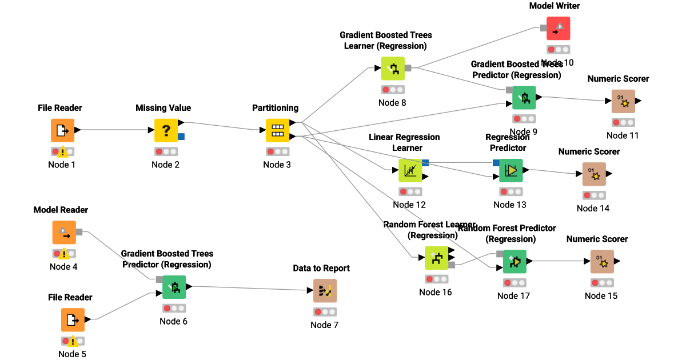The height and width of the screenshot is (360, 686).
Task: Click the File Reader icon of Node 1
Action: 62,130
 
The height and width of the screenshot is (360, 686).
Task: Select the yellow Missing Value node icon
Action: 166,130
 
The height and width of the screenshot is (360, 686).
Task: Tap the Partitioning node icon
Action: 277,130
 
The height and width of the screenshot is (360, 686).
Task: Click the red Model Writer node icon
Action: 558,28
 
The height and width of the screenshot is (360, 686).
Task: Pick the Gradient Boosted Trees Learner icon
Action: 393,69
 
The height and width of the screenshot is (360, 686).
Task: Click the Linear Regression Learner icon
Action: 410,171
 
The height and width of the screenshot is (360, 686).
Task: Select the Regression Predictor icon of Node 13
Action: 510,171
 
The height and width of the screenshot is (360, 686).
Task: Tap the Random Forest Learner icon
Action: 436,258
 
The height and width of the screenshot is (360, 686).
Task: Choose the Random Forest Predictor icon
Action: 514,262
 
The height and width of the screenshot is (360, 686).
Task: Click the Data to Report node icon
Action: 325,291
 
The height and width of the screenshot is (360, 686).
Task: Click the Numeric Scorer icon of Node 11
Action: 623,101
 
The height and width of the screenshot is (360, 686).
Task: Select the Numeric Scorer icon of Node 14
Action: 593,174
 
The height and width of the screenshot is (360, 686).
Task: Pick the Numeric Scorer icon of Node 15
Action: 601,262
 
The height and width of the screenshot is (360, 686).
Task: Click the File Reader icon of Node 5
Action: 73,320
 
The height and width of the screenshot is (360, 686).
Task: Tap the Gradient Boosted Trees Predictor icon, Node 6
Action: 174,287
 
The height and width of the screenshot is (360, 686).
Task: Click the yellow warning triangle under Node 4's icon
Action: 64,254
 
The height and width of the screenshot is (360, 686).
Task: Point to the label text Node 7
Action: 325,325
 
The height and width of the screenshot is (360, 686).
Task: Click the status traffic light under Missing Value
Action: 166,151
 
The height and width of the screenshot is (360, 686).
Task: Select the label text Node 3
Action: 277,165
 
